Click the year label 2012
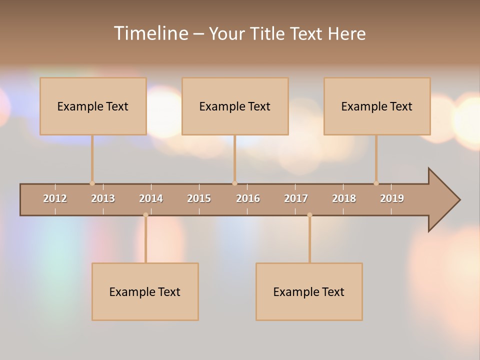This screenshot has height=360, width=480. [x=55, y=198]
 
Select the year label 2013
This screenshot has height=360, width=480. [x=103, y=198]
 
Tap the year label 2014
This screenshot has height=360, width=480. [x=151, y=198]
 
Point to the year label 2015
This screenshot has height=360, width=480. [x=199, y=198]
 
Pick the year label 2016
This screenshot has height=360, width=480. [x=248, y=198]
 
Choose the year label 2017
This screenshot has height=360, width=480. [x=296, y=198]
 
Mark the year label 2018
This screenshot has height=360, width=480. [x=344, y=198]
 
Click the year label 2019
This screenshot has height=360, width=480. [x=392, y=198]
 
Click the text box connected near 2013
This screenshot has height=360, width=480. [x=93, y=106]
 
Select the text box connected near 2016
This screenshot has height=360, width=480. [x=235, y=106]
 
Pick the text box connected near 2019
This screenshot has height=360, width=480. [x=377, y=106]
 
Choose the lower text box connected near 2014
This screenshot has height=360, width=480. [x=145, y=291]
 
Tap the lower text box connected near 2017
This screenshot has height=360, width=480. [x=309, y=291]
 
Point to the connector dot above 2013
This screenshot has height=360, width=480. [x=92, y=183]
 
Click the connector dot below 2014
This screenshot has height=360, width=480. [x=145, y=215]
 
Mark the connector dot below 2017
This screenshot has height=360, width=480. [x=309, y=215]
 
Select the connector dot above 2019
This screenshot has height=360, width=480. [x=376, y=183]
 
